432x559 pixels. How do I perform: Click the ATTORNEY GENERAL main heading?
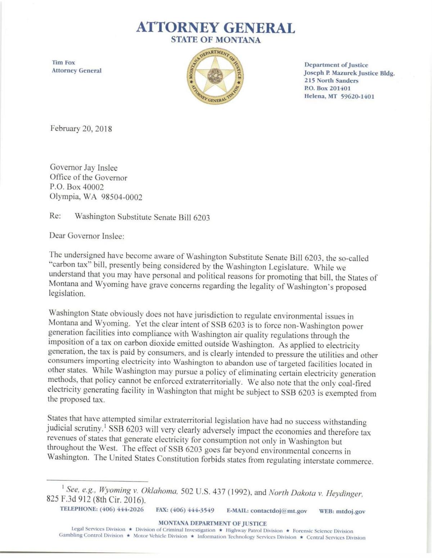pos(216,28)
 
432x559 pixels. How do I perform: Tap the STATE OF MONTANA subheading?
pos(216,40)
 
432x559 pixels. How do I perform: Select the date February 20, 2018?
pos(81,129)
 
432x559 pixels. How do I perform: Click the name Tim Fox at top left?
pos(63,63)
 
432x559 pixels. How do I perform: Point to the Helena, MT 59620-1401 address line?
pos(339,96)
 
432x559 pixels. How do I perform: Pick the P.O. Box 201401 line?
pos(328,88)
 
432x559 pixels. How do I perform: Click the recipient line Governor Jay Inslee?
pos(84,168)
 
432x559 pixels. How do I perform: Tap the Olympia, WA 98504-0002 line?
pos(96,197)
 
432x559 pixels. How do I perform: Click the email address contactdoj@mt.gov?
pos(279,511)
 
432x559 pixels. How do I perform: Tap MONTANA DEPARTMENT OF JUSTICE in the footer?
pos(212,523)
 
